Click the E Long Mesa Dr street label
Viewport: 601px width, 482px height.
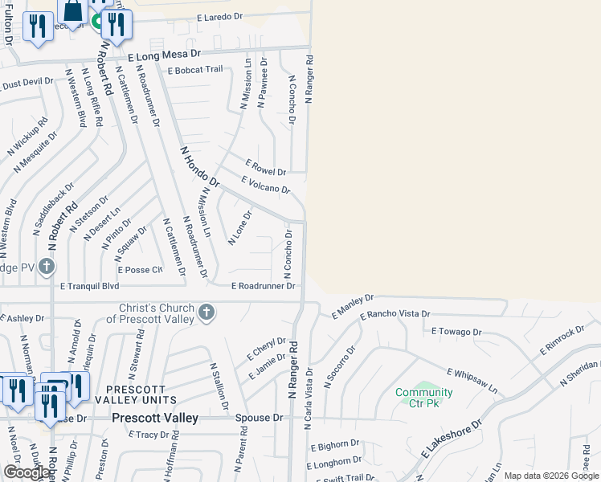[x=165, y=56]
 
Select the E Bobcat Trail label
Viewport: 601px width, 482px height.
[x=195, y=70]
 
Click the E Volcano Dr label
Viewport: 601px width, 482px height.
[x=264, y=185]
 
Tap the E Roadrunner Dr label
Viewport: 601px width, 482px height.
[x=264, y=286]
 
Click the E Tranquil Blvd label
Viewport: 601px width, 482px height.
[x=89, y=286]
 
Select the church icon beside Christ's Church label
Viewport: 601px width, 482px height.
[x=206, y=312]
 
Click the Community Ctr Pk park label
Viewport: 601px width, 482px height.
[x=423, y=398]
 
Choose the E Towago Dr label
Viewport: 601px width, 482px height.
[x=456, y=331]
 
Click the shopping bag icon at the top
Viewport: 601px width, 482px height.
[x=72, y=11]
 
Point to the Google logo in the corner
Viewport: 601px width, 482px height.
[x=27, y=472]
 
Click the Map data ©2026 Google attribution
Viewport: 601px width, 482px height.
[x=550, y=476]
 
